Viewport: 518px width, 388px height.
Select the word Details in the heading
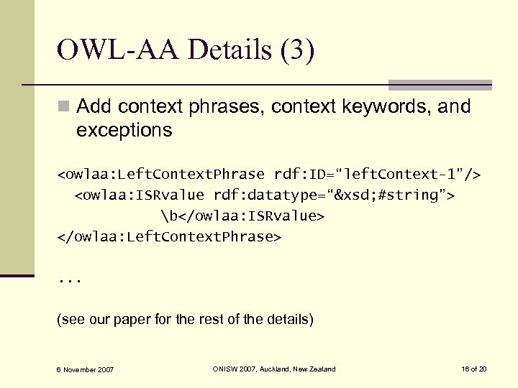click(223, 51)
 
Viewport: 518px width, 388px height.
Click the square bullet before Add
click(64, 108)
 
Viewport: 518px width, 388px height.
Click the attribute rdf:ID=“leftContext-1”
click(378, 175)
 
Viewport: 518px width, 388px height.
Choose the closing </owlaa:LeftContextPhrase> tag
click(169, 236)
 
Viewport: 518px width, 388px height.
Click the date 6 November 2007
click(86, 369)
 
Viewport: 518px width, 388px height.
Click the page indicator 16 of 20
click(474, 369)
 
